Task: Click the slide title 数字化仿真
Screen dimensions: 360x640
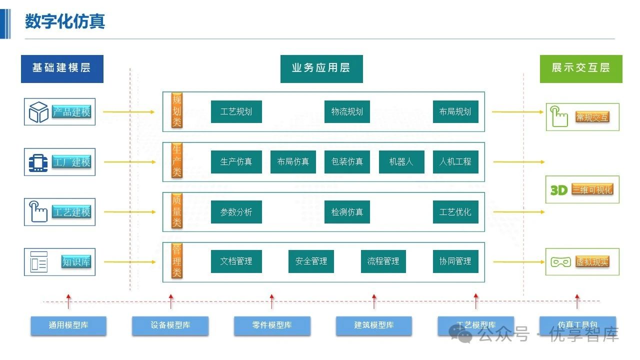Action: (x=65, y=21)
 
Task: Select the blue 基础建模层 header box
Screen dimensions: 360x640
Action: (x=62, y=68)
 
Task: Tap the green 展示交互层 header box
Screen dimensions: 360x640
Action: (x=580, y=68)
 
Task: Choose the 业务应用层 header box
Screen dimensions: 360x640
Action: (x=321, y=68)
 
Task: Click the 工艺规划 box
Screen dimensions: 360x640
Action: (x=236, y=111)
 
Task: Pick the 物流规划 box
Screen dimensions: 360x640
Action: (x=347, y=111)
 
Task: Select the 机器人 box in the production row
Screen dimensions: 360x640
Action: (x=401, y=162)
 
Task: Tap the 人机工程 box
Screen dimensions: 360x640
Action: (x=455, y=162)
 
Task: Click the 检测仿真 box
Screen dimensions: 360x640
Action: (x=347, y=212)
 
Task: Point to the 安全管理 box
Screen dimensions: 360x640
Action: (x=311, y=261)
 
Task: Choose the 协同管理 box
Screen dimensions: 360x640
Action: (x=455, y=261)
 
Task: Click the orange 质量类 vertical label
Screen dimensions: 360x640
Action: (x=177, y=211)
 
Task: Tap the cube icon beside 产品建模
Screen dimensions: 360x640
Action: (x=38, y=112)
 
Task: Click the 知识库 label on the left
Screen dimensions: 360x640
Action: (x=76, y=261)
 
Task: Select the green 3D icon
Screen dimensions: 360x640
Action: (x=558, y=190)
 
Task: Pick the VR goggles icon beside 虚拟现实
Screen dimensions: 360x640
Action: (x=560, y=262)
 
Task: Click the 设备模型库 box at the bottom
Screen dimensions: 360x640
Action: (x=170, y=325)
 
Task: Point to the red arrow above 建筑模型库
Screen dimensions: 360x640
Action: (x=374, y=301)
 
